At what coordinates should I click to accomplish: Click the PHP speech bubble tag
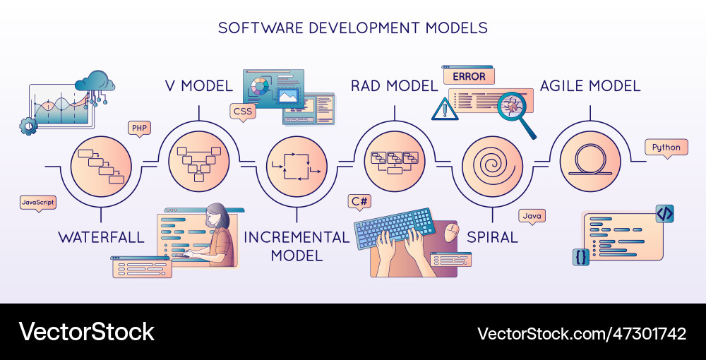[139, 128]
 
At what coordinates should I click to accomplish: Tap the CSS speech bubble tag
[242, 111]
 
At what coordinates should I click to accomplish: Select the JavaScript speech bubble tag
[38, 203]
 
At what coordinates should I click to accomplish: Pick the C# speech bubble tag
[359, 201]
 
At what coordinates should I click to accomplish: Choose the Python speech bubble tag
[666, 148]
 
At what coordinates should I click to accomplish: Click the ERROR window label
[468, 76]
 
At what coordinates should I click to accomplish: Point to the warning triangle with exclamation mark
[445, 109]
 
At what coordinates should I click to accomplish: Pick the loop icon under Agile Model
[590, 162]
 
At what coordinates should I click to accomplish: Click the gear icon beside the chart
[28, 126]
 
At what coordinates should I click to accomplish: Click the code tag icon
[665, 213]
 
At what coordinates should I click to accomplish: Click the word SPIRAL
[493, 237]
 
